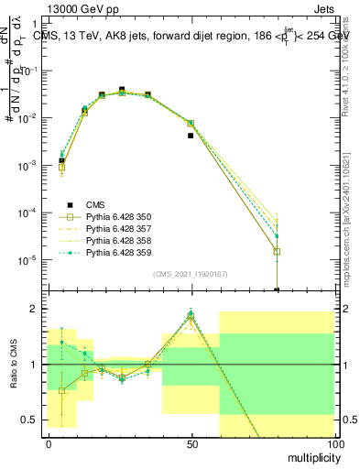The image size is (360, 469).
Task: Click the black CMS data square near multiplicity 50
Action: pyautogui.click(x=191, y=136)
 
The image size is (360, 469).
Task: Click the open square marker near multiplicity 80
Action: pyautogui.click(x=277, y=251)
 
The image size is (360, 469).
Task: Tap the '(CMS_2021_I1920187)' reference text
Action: pyautogui.click(x=191, y=272)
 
